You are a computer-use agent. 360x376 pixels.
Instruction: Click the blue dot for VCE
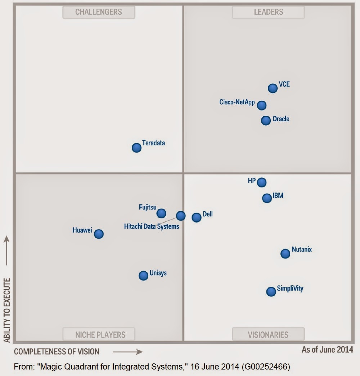(x=273, y=88)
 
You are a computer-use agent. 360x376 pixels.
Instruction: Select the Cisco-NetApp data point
(x=262, y=105)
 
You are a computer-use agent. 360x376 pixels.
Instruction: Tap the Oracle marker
(x=266, y=121)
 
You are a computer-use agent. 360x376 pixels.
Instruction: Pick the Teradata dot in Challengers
(x=136, y=148)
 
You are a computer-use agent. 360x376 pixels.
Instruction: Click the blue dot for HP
(x=262, y=182)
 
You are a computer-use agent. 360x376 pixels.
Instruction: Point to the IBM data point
(x=267, y=198)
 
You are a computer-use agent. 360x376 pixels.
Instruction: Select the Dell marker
(x=196, y=217)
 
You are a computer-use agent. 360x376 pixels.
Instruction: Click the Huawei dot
(x=99, y=234)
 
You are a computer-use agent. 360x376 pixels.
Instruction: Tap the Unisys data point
(x=143, y=276)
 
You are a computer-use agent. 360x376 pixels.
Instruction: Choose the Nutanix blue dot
(x=285, y=254)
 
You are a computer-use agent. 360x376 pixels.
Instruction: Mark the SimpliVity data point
(x=271, y=292)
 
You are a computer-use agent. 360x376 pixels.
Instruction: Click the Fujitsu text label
(x=148, y=207)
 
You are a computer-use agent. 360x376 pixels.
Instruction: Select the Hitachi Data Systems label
(x=151, y=227)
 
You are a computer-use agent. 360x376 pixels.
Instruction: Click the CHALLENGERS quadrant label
(x=99, y=12)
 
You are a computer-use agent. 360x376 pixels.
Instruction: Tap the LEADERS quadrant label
(x=268, y=12)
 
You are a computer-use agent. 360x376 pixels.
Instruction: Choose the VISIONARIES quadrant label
(x=268, y=335)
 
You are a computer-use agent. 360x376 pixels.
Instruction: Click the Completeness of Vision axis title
(x=57, y=352)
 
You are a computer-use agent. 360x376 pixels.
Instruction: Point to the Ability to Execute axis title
(x=6, y=309)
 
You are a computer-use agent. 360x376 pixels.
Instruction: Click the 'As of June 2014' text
(x=327, y=349)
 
